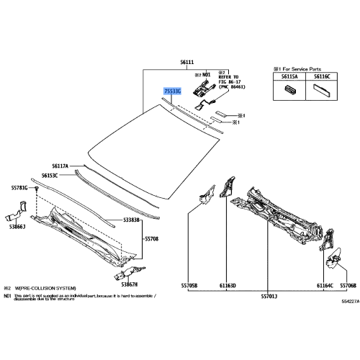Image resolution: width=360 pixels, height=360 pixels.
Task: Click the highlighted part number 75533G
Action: pyautogui.click(x=172, y=91)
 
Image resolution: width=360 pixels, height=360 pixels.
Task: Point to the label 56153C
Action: pyautogui.click(x=50, y=175)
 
